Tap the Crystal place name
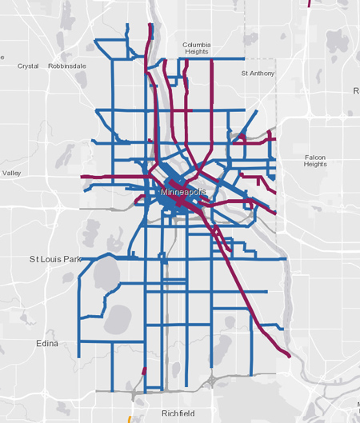28,66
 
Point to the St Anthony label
258,73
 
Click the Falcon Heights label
315,161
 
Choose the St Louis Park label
56,259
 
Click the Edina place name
47,343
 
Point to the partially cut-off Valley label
11,173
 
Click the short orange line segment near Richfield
130,418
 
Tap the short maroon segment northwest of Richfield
144,371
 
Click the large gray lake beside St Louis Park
107,275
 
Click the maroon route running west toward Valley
104,177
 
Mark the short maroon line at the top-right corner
310,3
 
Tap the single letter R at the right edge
356,91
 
